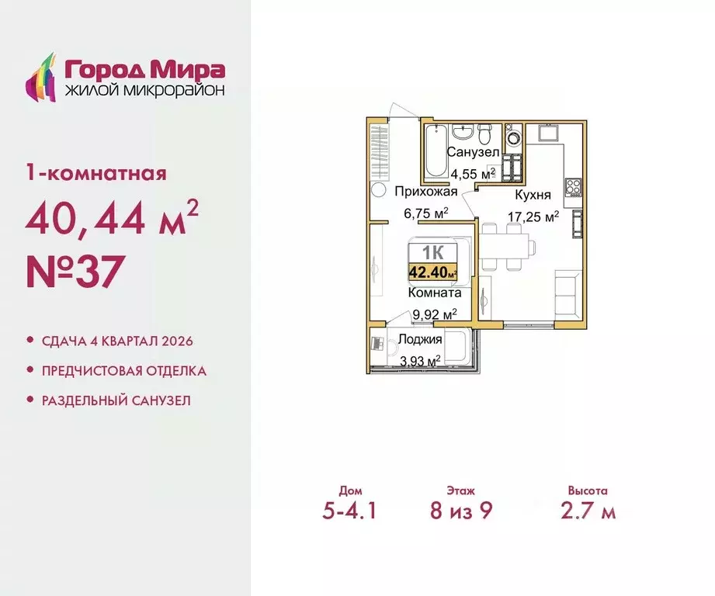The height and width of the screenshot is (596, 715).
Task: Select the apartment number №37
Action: pyautogui.click(x=75, y=272)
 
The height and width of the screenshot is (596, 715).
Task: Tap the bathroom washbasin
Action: pyautogui.click(x=464, y=130)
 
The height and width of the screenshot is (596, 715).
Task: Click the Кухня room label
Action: pyautogui.click(x=532, y=195)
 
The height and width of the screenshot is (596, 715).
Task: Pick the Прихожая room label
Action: pyautogui.click(x=420, y=192)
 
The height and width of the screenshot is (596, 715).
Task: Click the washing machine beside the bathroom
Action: pyautogui.click(x=513, y=139)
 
